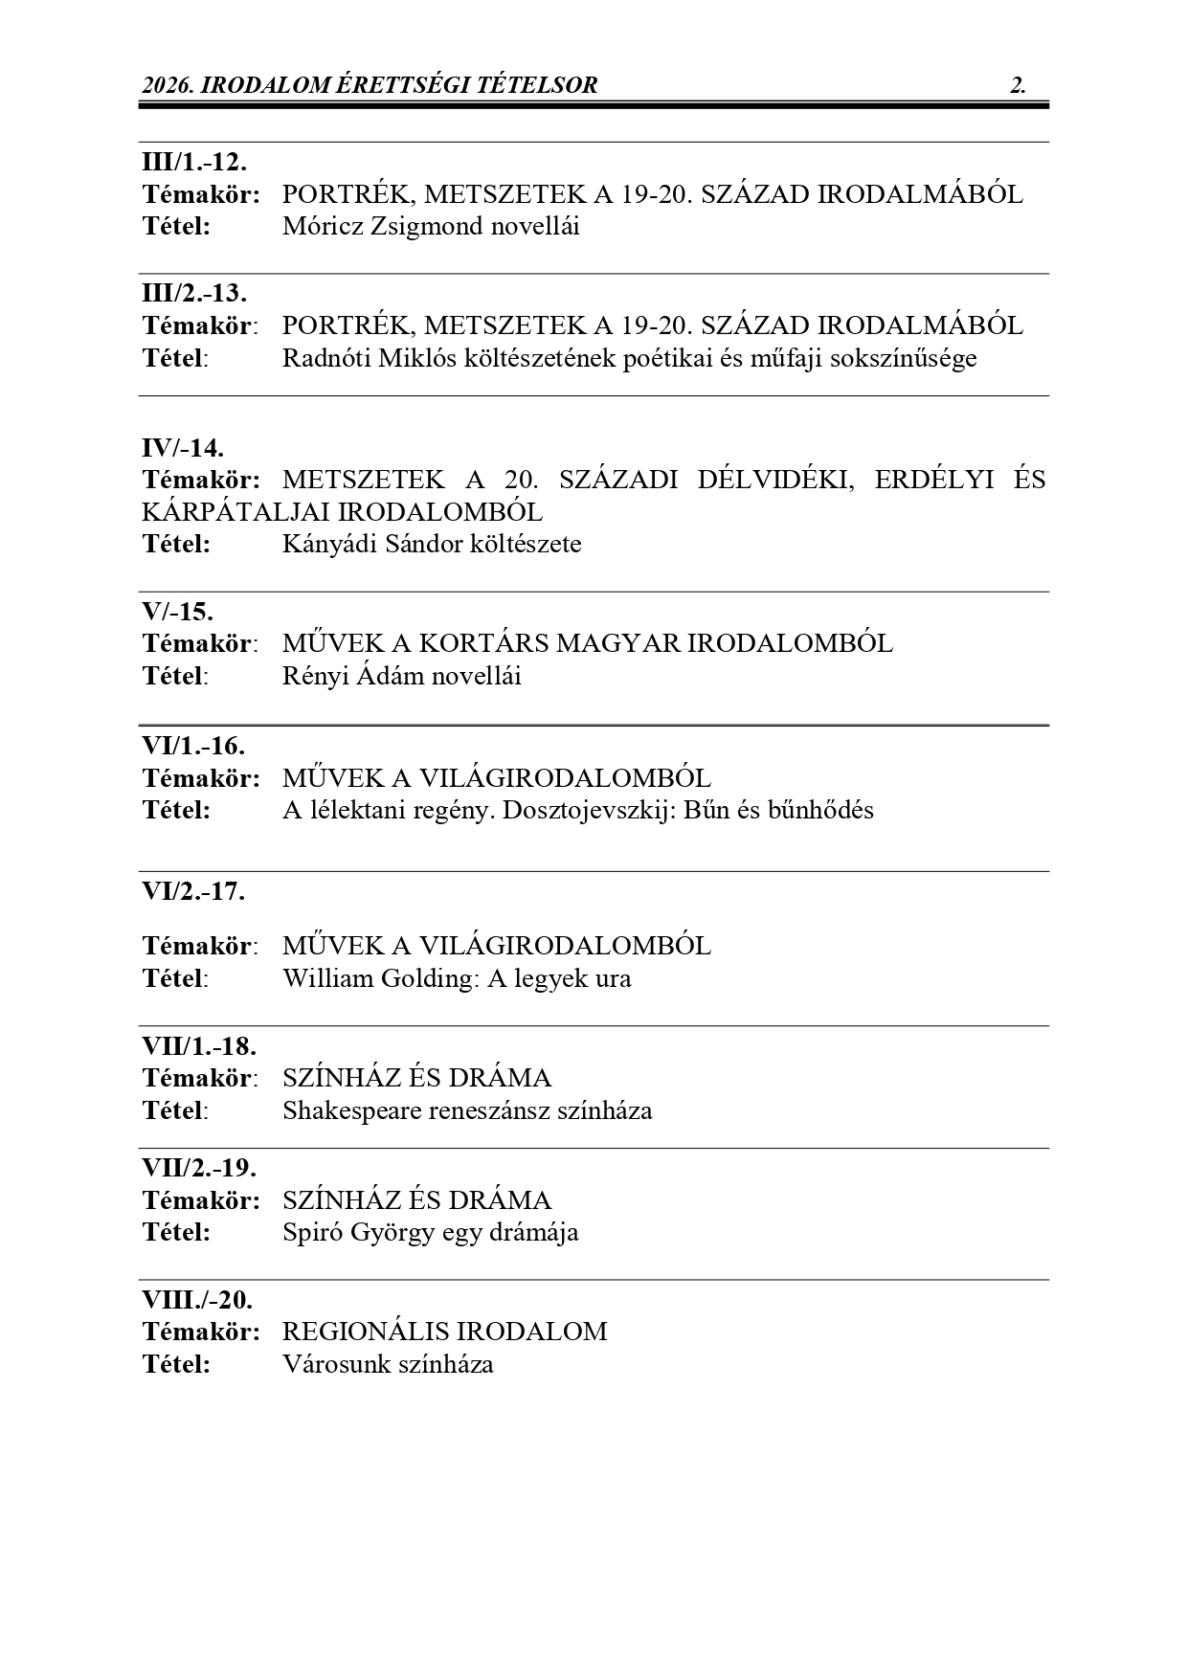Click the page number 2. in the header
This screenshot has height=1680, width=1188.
click(x=1018, y=85)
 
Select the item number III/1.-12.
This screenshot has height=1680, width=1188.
click(x=194, y=162)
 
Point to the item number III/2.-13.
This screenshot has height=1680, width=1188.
click(x=194, y=293)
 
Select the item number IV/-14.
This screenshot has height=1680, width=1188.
click(x=183, y=447)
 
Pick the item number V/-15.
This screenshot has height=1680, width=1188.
click(x=178, y=611)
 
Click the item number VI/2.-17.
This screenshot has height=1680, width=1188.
click(x=193, y=891)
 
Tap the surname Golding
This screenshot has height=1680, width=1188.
click(x=427, y=979)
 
